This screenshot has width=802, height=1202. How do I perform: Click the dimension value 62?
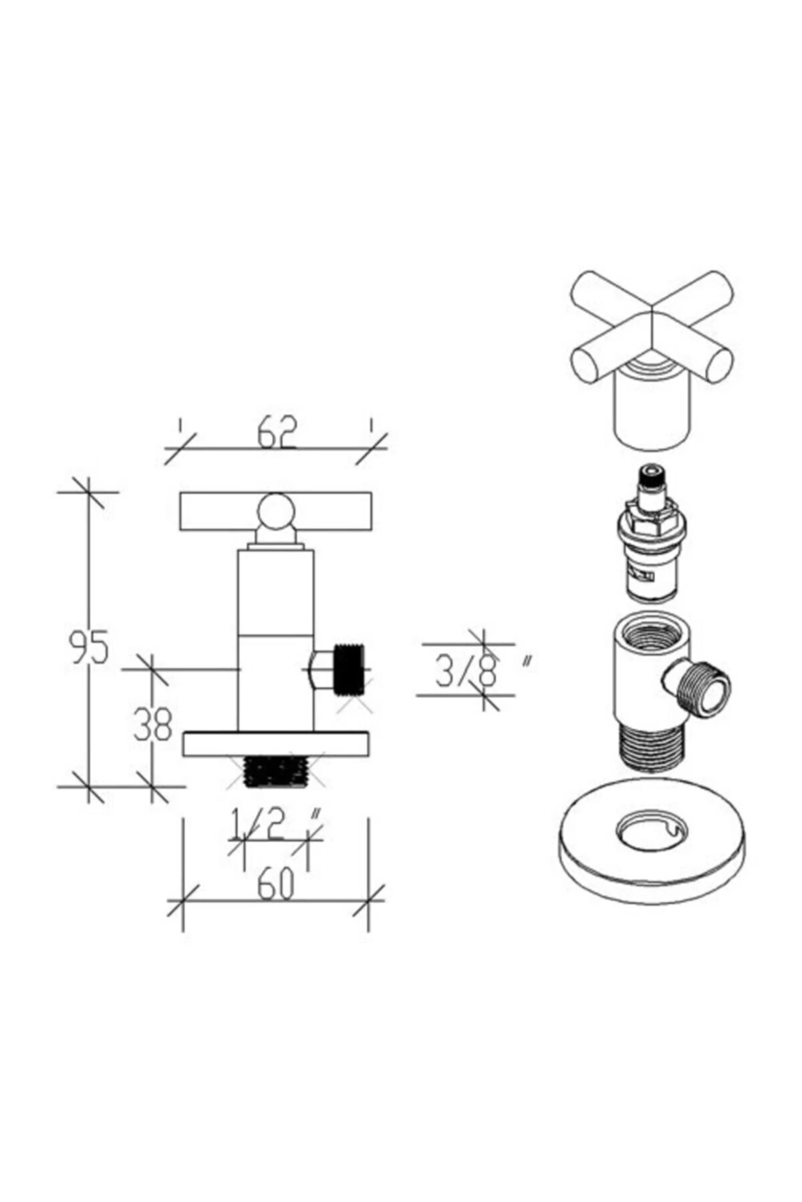(277, 433)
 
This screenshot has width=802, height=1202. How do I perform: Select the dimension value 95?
(88, 647)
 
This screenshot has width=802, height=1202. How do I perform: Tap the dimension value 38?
(153, 725)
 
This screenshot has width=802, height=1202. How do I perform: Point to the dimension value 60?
(275, 885)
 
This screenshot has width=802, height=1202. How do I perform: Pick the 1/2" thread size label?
(275, 823)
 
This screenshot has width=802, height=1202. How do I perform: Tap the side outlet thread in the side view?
(349, 670)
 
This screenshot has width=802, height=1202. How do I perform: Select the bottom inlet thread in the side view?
(276, 772)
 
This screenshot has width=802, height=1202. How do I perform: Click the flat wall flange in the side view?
(276, 745)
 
